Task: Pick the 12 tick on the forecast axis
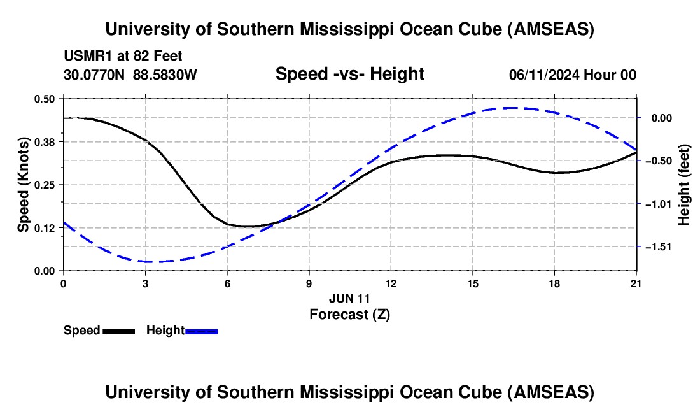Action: tap(391, 283)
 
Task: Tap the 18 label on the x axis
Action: tap(554, 283)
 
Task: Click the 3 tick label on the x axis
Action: tap(146, 283)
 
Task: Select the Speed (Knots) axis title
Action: tap(24, 185)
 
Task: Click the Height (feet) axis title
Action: tap(684, 185)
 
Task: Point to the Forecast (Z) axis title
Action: tap(349, 314)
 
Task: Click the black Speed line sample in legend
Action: tap(118, 331)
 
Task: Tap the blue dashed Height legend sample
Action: tap(202, 331)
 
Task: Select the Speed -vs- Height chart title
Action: tap(349, 74)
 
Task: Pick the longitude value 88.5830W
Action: tap(165, 75)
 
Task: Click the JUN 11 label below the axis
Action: tap(349, 297)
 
